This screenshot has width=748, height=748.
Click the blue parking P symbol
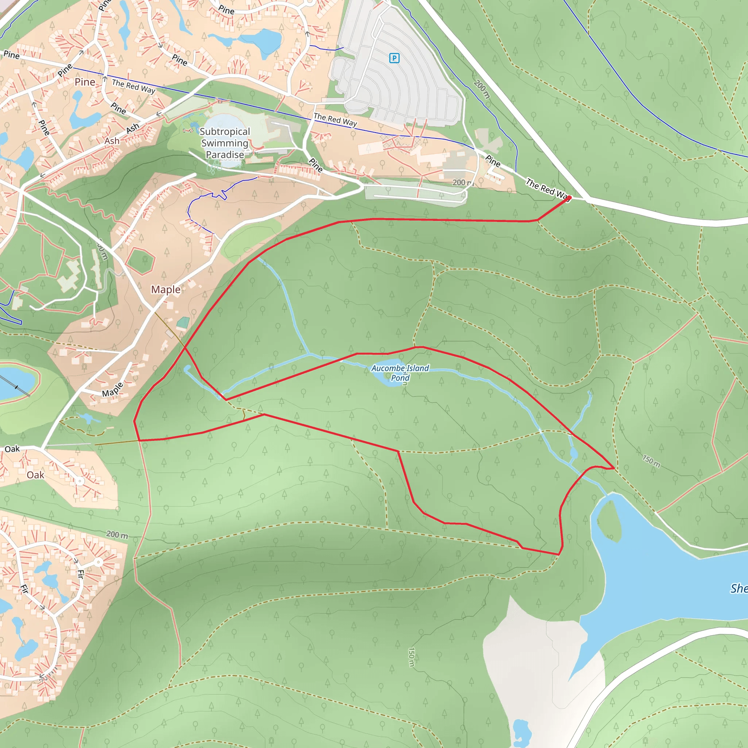coord(394,58)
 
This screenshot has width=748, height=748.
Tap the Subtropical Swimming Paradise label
coord(225,143)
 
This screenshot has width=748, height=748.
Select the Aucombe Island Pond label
coord(400,373)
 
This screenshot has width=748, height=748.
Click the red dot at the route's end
coord(569,198)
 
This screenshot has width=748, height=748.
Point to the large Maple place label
coord(166,290)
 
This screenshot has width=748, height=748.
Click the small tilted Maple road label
coord(112,389)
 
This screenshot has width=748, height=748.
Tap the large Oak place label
coord(36,475)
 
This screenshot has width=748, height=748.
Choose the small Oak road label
coord(12,449)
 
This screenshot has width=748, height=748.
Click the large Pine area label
coord(85,82)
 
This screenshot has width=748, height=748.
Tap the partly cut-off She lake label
coord(739,588)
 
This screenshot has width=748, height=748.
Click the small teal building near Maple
coord(183,322)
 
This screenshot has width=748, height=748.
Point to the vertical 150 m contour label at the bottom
coord(411,657)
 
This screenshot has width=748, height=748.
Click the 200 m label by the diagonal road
coord(482,89)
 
